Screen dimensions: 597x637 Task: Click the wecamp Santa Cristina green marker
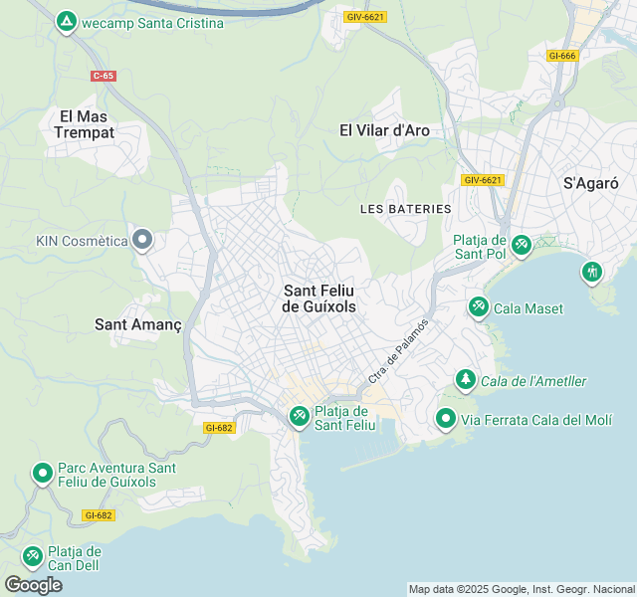point(67,20)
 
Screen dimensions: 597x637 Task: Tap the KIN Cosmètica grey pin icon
point(142,239)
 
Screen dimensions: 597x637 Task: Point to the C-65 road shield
point(103,76)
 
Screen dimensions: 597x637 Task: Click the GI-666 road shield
point(561,56)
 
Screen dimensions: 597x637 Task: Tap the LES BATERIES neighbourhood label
point(406,209)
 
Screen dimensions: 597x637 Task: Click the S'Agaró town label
point(591,183)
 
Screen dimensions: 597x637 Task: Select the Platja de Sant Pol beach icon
point(521,243)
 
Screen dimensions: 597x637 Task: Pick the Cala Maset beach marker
point(478,307)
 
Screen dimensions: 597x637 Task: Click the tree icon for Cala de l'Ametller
point(465,379)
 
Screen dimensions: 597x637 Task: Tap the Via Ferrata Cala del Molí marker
point(446,420)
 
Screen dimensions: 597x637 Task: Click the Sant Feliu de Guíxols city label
point(319,298)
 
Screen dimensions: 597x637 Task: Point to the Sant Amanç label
point(137,324)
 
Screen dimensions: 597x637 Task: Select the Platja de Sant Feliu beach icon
point(299,417)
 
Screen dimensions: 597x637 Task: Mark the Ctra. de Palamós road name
point(399,351)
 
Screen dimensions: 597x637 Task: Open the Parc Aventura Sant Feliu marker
point(42,474)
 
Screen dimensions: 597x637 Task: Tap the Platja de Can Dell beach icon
point(32,554)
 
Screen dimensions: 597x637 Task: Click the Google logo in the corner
point(33,584)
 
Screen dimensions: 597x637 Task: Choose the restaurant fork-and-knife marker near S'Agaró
point(592,271)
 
